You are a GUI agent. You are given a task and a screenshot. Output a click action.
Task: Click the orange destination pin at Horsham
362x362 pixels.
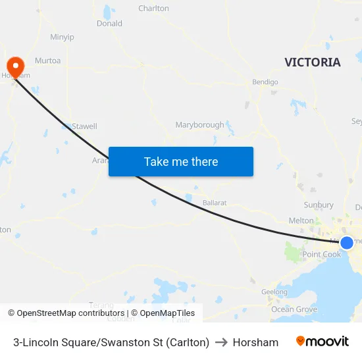coord(15,66)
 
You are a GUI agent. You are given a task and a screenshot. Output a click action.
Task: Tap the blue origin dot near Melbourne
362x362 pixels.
coord(347,243)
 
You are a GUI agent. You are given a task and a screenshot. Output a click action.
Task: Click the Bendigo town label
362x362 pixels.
coord(265,82)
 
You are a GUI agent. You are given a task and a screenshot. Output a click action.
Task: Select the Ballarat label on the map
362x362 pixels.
coord(215,203)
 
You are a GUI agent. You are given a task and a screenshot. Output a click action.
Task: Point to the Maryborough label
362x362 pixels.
coord(199,125)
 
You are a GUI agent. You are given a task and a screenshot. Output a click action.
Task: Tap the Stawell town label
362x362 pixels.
coord(84,126)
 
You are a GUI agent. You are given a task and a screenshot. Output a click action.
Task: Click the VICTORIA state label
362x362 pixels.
coord(313,63)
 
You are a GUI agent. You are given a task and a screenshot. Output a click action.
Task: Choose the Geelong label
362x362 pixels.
coord(274,292)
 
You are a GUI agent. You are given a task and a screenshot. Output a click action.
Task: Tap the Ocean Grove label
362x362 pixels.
coord(294,309)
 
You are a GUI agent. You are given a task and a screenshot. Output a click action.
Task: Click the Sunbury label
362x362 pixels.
coord(319,205)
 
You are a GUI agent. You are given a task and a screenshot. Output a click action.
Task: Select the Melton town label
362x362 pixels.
coord(301,220)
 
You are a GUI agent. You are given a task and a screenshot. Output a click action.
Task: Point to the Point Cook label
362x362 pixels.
coord(321,255)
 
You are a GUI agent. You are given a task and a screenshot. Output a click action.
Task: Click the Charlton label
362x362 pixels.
coord(153,9)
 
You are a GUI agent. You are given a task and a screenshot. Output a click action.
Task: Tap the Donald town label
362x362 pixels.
coord(109,23)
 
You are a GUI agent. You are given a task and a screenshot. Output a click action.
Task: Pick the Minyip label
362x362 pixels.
coord(62,37)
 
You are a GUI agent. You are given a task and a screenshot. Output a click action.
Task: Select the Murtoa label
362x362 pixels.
coord(47,61)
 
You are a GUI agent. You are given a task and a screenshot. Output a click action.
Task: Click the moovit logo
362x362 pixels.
coord(323,342)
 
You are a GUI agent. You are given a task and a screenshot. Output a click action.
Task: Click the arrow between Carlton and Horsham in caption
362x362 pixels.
coord(221,342)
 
